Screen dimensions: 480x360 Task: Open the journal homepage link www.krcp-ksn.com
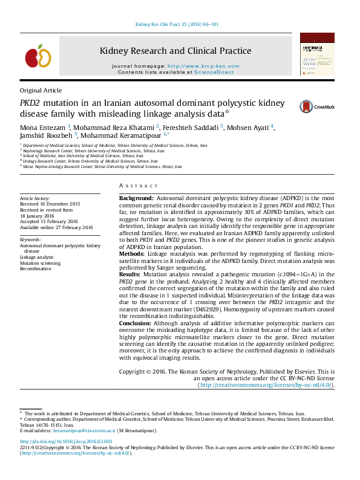203,66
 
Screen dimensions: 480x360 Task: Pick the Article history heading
35,198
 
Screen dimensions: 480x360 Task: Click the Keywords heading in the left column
30,240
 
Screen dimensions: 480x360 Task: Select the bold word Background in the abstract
136,198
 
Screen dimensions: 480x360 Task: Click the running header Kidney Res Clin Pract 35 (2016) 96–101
176,25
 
